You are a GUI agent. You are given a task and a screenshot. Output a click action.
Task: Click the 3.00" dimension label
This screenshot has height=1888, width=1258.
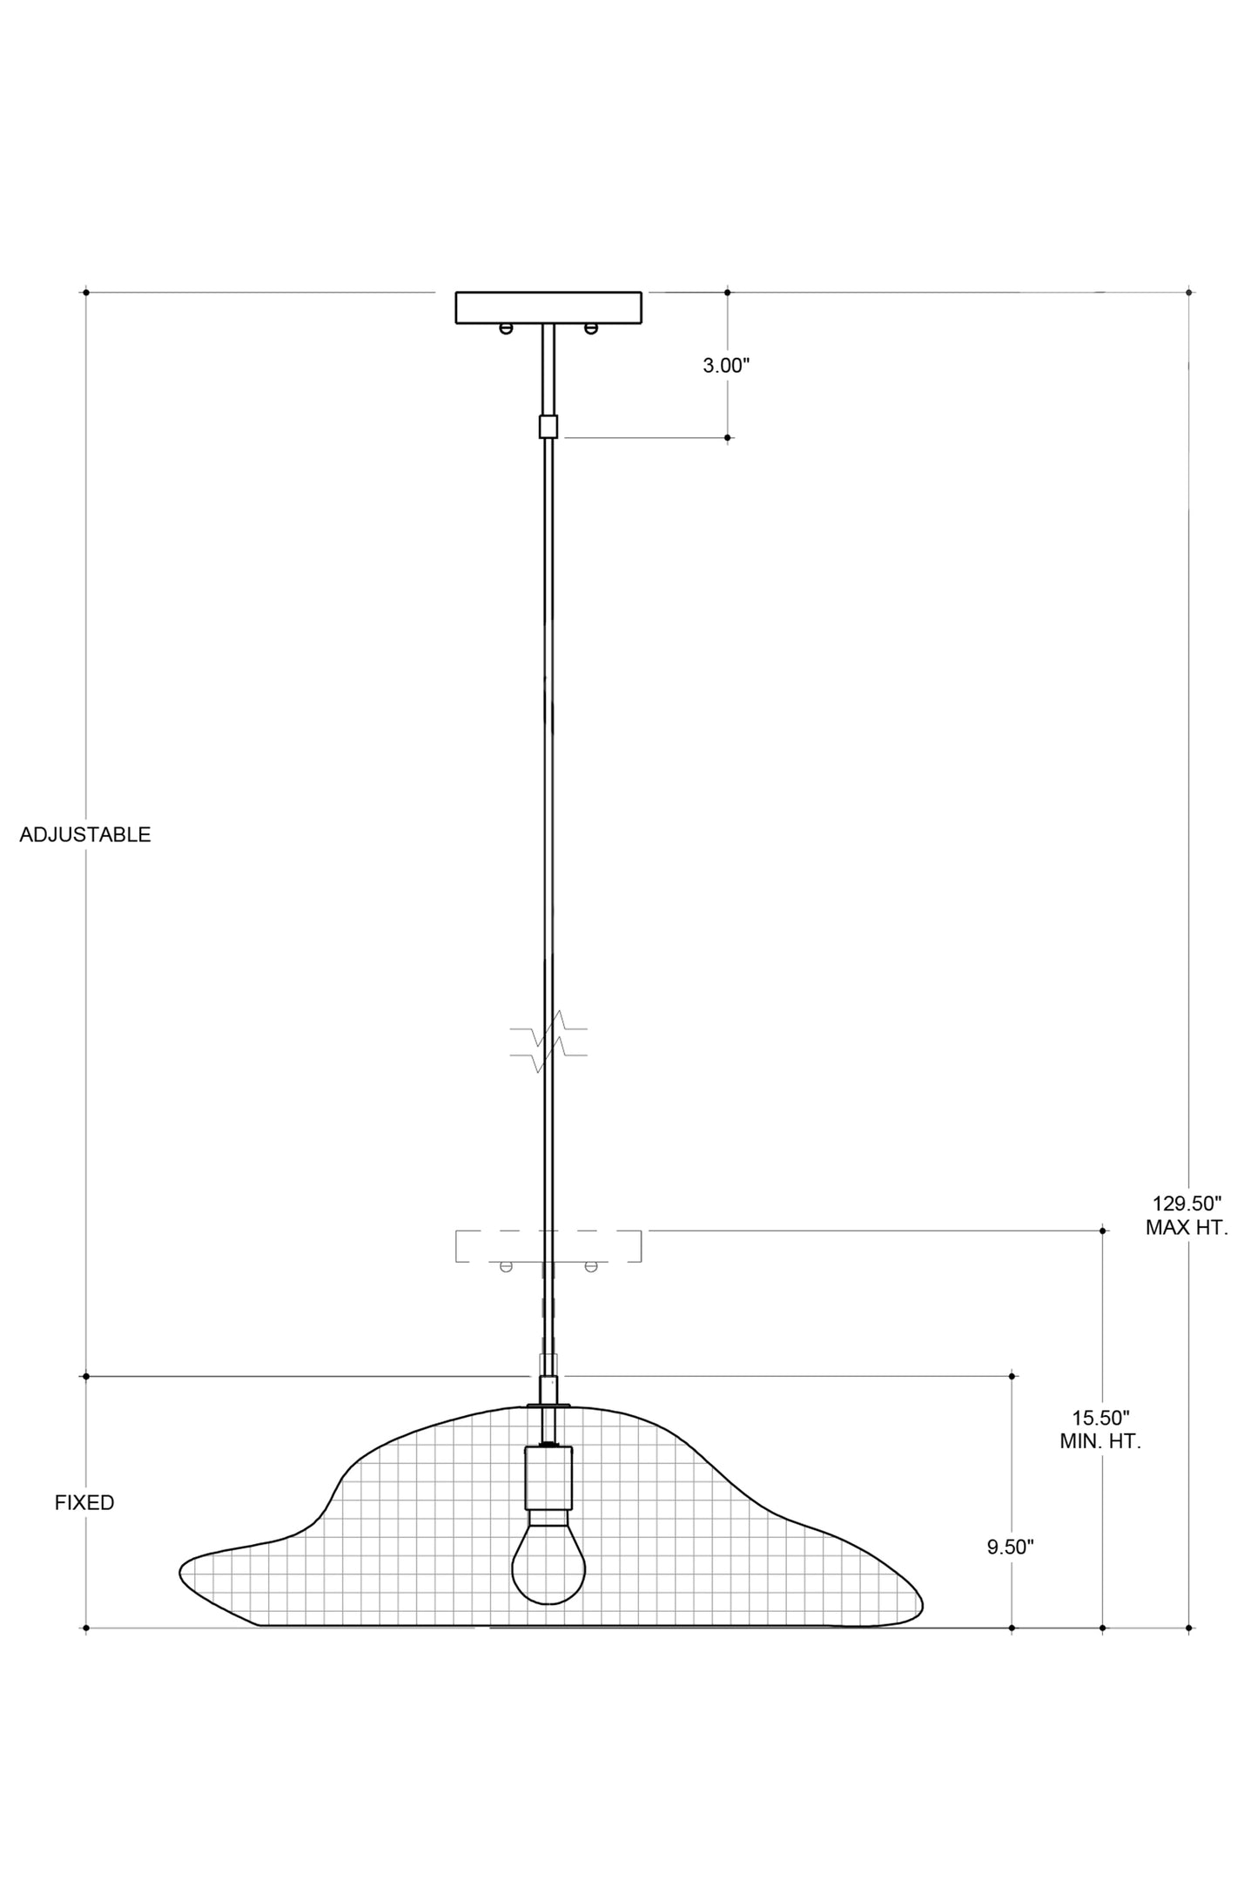[726, 365]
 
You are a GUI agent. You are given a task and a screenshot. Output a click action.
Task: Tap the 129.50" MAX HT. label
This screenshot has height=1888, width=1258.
[1187, 1216]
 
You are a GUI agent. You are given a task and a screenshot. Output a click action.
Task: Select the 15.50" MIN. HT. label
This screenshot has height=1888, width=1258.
[1100, 1429]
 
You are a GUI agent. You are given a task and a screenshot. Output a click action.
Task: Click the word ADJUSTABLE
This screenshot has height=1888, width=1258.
[85, 834]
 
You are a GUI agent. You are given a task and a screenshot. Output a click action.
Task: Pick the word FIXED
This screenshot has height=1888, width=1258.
[84, 1502]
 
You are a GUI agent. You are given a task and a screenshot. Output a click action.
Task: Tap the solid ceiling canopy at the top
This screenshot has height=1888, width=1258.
[548, 307]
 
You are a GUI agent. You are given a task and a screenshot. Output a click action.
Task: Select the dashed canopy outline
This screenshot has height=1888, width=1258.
[548, 1246]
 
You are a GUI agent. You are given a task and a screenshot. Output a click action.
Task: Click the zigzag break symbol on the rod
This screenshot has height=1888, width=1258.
[548, 1042]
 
